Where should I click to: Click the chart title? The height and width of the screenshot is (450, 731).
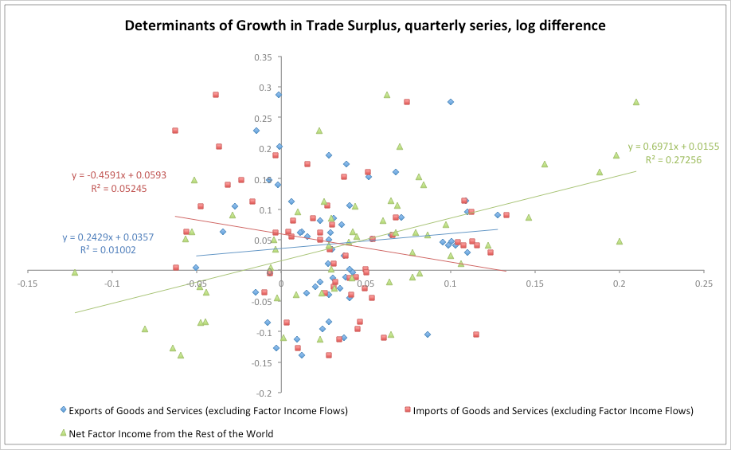coord(365,25)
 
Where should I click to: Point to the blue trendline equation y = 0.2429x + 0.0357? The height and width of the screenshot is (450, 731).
coord(107,237)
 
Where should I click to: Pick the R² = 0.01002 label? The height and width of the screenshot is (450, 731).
coord(107,250)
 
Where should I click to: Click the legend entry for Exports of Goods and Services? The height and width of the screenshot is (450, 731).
coord(208,411)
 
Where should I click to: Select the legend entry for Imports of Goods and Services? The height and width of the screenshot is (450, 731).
coord(549,411)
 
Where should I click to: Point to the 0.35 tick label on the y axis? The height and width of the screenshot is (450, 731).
coord(263,57)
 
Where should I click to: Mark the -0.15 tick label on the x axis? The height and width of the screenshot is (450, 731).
coord(28,283)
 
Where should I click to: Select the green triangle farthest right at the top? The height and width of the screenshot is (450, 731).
coord(636,102)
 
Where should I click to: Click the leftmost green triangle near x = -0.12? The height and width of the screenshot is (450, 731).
coord(75,272)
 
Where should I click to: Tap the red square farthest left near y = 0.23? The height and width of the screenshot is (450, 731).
coord(175,131)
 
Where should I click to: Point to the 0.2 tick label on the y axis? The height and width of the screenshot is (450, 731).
coord(265,148)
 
